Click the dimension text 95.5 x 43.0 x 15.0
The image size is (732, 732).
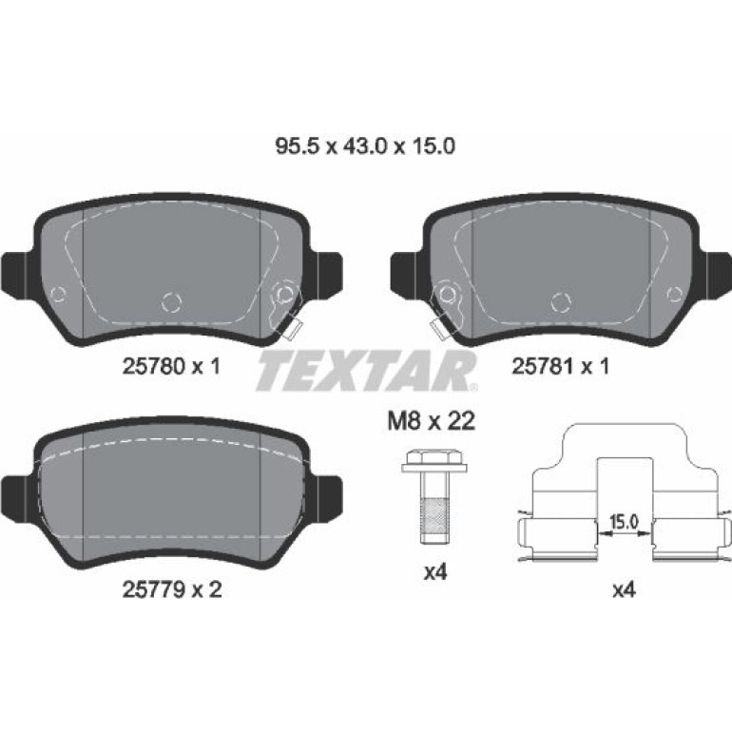tap(365, 146)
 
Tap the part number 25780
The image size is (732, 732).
tap(154, 366)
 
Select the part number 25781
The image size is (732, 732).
tap(544, 366)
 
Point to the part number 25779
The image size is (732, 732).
tap(154, 590)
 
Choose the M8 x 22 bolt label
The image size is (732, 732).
tap(432, 421)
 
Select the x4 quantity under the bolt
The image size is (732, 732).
tap(435, 572)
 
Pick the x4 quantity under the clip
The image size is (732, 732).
tap(624, 590)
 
